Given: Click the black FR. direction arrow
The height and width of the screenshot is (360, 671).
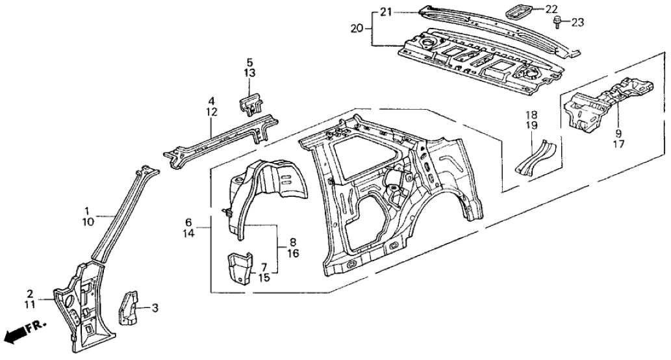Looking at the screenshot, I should point(14,335).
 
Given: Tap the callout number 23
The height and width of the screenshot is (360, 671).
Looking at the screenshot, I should point(577,23).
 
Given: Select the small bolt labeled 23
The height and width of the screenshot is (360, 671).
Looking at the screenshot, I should point(558,23).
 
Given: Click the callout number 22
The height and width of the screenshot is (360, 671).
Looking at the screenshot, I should point(551,9).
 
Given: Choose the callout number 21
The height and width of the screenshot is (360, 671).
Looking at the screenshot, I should point(386,12).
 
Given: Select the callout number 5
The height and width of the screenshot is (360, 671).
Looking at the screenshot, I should point(250,63).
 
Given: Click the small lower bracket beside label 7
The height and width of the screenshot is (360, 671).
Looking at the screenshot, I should point(238,268).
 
